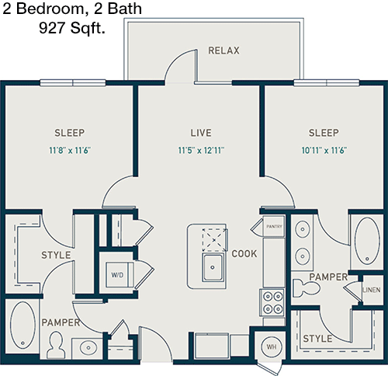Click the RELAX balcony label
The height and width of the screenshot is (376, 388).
(223, 50)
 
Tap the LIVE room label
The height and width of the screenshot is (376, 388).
(201, 133)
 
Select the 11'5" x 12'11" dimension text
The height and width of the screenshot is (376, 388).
(201, 150)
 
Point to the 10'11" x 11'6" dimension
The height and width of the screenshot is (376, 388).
(324, 150)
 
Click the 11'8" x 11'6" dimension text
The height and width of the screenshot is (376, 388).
(70, 150)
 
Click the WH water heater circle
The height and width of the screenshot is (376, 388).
(272, 346)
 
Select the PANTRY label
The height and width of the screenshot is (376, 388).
(274, 227)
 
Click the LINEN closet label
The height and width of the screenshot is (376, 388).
(372, 290)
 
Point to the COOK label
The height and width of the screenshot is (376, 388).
(244, 254)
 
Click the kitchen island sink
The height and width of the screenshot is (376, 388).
(213, 268)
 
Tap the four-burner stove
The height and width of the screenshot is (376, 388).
(272, 302)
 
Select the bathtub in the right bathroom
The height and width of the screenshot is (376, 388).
(367, 241)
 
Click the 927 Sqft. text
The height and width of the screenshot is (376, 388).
(72, 28)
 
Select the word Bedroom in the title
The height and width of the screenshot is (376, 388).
(50, 9)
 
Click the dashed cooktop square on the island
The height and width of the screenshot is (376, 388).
(214, 240)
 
